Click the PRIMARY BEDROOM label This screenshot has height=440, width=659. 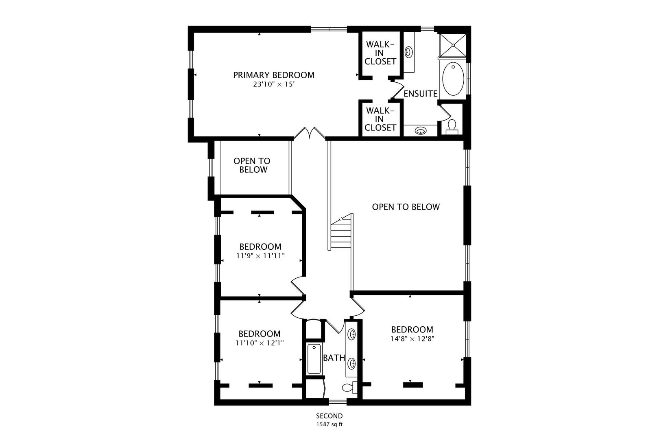(274, 75)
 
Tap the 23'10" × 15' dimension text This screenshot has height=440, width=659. (274, 85)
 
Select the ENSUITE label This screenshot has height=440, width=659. (420, 94)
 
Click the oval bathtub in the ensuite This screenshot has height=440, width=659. (453, 79)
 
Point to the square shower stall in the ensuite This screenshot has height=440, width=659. (453, 45)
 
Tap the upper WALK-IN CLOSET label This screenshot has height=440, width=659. (380, 53)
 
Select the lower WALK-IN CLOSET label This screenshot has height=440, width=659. (380, 119)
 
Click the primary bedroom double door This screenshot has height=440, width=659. (310, 133)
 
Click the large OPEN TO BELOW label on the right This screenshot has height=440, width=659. (406, 207)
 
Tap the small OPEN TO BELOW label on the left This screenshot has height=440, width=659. (252, 165)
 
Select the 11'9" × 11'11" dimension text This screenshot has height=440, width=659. (260, 256)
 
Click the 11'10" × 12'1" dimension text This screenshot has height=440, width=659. (260, 343)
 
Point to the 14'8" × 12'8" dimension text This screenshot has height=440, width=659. (412, 339)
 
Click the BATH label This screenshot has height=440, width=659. (334, 358)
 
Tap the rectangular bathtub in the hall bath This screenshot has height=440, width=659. (314, 359)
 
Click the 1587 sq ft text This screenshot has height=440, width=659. (329, 425)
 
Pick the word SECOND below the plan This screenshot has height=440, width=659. (329, 416)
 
